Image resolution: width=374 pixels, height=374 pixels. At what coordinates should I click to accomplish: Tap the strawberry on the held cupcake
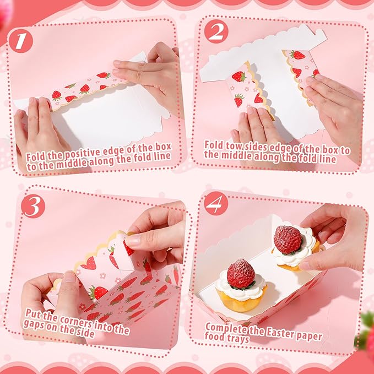pyautogui.click(x=288, y=239)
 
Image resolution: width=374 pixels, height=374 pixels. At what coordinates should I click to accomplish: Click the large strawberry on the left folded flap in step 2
pyautogui.click(x=239, y=76)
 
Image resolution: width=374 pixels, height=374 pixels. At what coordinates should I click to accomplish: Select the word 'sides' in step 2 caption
pyautogui.click(x=262, y=145)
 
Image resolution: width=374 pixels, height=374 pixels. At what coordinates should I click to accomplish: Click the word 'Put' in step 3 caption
pyautogui.click(x=34, y=312)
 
